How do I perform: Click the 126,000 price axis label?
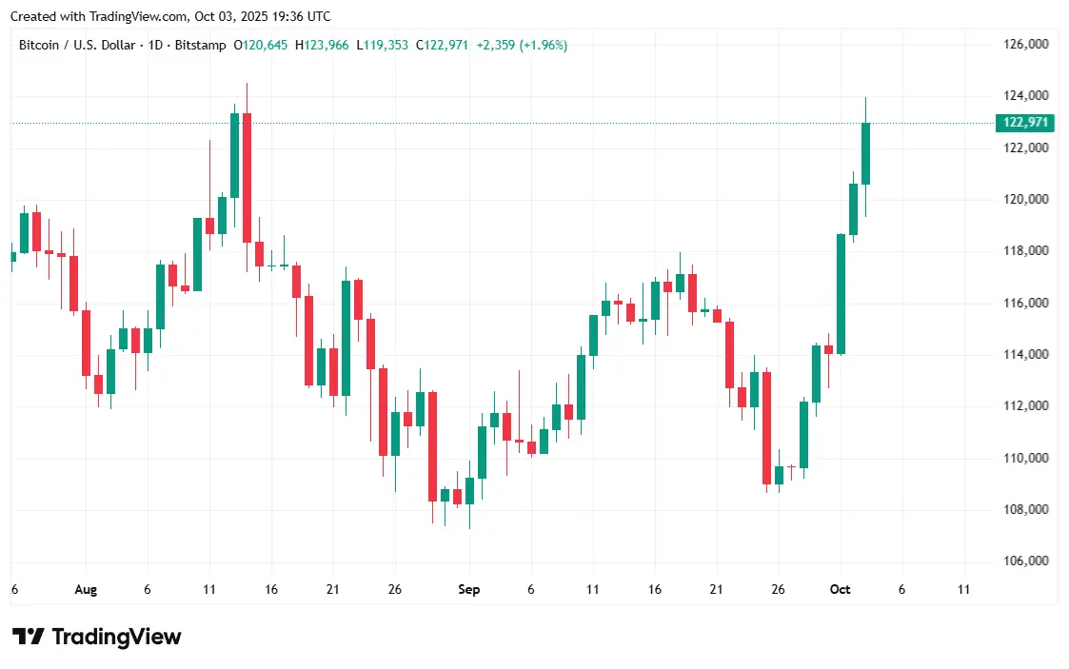[x=1026, y=44]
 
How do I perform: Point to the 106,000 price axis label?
[x=1026, y=561]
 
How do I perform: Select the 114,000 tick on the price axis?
[x=1026, y=354]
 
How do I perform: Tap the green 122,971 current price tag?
[x=1026, y=122]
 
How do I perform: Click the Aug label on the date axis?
[x=86, y=590]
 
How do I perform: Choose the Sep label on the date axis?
[x=468, y=590]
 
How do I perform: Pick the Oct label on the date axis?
[x=840, y=590]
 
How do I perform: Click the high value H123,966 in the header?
[x=323, y=45]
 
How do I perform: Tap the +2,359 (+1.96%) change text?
[x=522, y=45]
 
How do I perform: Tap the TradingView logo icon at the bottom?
[x=28, y=637]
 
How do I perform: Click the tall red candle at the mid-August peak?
[x=247, y=177]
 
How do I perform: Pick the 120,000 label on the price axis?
[x=1026, y=199]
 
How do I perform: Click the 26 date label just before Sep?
[x=394, y=590]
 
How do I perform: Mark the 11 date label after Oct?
[x=963, y=590]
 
